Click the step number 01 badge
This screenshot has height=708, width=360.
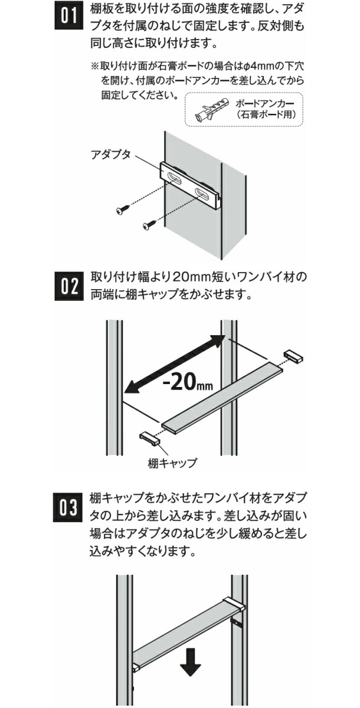tap(69, 16)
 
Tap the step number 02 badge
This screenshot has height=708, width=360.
tap(69, 286)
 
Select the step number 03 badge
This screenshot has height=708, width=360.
tap(68, 507)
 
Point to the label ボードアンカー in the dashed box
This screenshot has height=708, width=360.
tap(265, 103)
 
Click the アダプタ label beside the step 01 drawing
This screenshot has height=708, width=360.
tap(110, 155)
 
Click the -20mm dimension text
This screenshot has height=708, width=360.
tap(188, 383)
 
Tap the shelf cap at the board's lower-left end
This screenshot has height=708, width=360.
tap(149, 439)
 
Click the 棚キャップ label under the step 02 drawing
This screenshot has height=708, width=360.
tap(172, 463)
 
